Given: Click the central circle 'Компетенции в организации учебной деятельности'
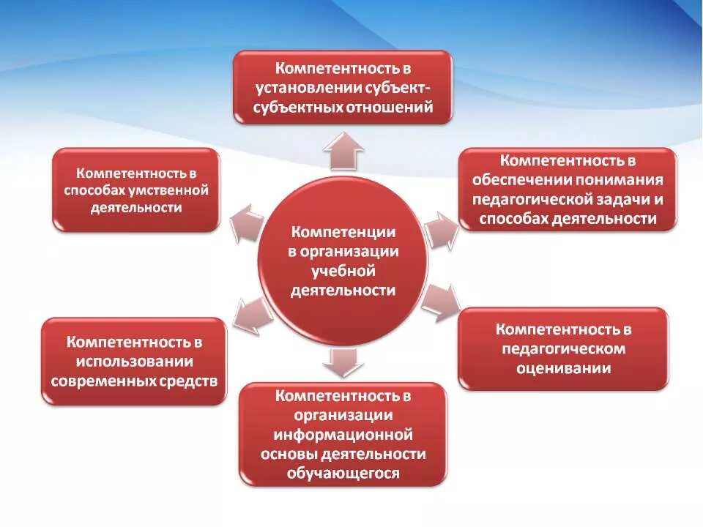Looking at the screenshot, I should click(343, 261).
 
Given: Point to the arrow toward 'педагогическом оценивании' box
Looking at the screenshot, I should click(441, 300).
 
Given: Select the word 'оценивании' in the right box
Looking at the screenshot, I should click(562, 368).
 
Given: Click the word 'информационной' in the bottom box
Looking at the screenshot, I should click(343, 435).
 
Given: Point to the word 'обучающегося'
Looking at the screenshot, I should click(343, 474).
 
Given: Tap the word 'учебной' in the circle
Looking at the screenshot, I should click(343, 271).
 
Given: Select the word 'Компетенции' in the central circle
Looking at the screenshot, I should click(343, 232).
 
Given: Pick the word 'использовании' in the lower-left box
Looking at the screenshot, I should click(133, 362).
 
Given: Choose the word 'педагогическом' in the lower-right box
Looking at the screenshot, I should click(562, 348).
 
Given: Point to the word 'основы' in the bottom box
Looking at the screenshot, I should click(284, 454).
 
